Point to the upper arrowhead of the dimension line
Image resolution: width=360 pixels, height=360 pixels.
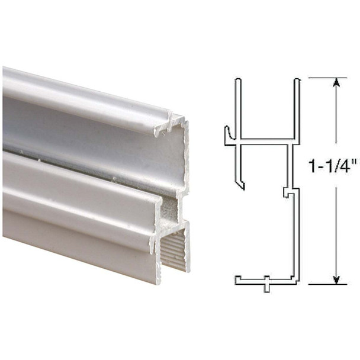coord(336,83)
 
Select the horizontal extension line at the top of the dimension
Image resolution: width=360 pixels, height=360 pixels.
coord(326,77)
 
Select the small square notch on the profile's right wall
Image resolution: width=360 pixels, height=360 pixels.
coord(286,192)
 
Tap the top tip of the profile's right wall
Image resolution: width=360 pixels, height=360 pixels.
coord(297,79)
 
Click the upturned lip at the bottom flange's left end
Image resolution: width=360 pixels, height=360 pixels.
coord(237,278)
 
